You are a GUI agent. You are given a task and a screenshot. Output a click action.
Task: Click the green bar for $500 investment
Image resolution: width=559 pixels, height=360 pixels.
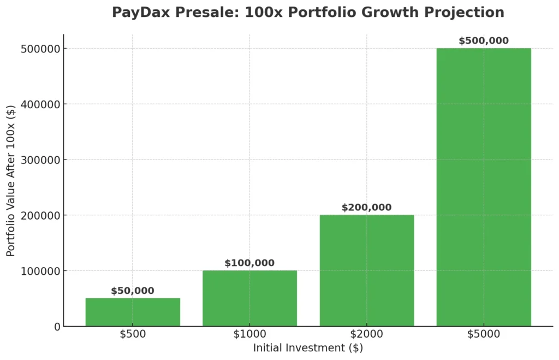click(x=133, y=312)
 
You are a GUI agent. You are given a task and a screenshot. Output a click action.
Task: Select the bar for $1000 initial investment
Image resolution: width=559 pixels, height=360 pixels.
click(x=249, y=298)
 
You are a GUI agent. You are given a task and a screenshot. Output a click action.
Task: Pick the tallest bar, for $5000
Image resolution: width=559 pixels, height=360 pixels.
click(x=484, y=187)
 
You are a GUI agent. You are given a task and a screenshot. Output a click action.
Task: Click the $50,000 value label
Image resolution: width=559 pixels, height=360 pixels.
click(x=133, y=291)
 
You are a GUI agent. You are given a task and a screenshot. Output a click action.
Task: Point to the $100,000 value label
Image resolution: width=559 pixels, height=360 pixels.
click(x=249, y=263)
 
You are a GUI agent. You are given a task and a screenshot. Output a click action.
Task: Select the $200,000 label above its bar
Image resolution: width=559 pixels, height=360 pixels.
click(x=367, y=208)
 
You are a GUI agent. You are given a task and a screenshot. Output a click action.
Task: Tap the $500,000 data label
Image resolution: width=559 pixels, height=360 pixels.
click(x=484, y=41)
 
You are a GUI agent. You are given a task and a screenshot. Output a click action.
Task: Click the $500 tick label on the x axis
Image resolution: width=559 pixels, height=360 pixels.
click(x=133, y=334)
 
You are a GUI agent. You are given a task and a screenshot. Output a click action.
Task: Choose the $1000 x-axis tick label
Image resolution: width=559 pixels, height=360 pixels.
click(x=249, y=334)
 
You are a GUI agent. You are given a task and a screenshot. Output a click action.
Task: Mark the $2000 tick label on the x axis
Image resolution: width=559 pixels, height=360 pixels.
click(x=367, y=334)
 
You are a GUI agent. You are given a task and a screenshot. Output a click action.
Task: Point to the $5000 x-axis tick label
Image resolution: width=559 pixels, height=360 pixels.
click(x=484, y=334)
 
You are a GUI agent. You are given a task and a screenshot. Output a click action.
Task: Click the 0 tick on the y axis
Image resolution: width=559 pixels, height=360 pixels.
click(x=57, y=327)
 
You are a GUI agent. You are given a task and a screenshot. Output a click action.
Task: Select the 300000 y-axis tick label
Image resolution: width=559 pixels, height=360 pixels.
click(x=41, y=160)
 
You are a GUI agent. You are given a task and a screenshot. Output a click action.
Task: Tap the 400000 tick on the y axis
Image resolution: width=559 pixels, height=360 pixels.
click(x=41, y=104)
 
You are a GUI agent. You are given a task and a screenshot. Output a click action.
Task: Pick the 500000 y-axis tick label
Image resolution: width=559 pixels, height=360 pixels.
click(x=41, y=49)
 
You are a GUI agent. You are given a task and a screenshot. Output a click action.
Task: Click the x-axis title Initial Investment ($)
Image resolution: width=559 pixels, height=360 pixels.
click(x=308, y=347)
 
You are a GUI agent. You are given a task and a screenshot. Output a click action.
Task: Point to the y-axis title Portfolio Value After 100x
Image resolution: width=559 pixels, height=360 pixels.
click(x=11, y=180)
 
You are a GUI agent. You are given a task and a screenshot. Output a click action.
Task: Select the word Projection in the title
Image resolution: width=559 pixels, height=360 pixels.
click(x=468, y=13)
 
